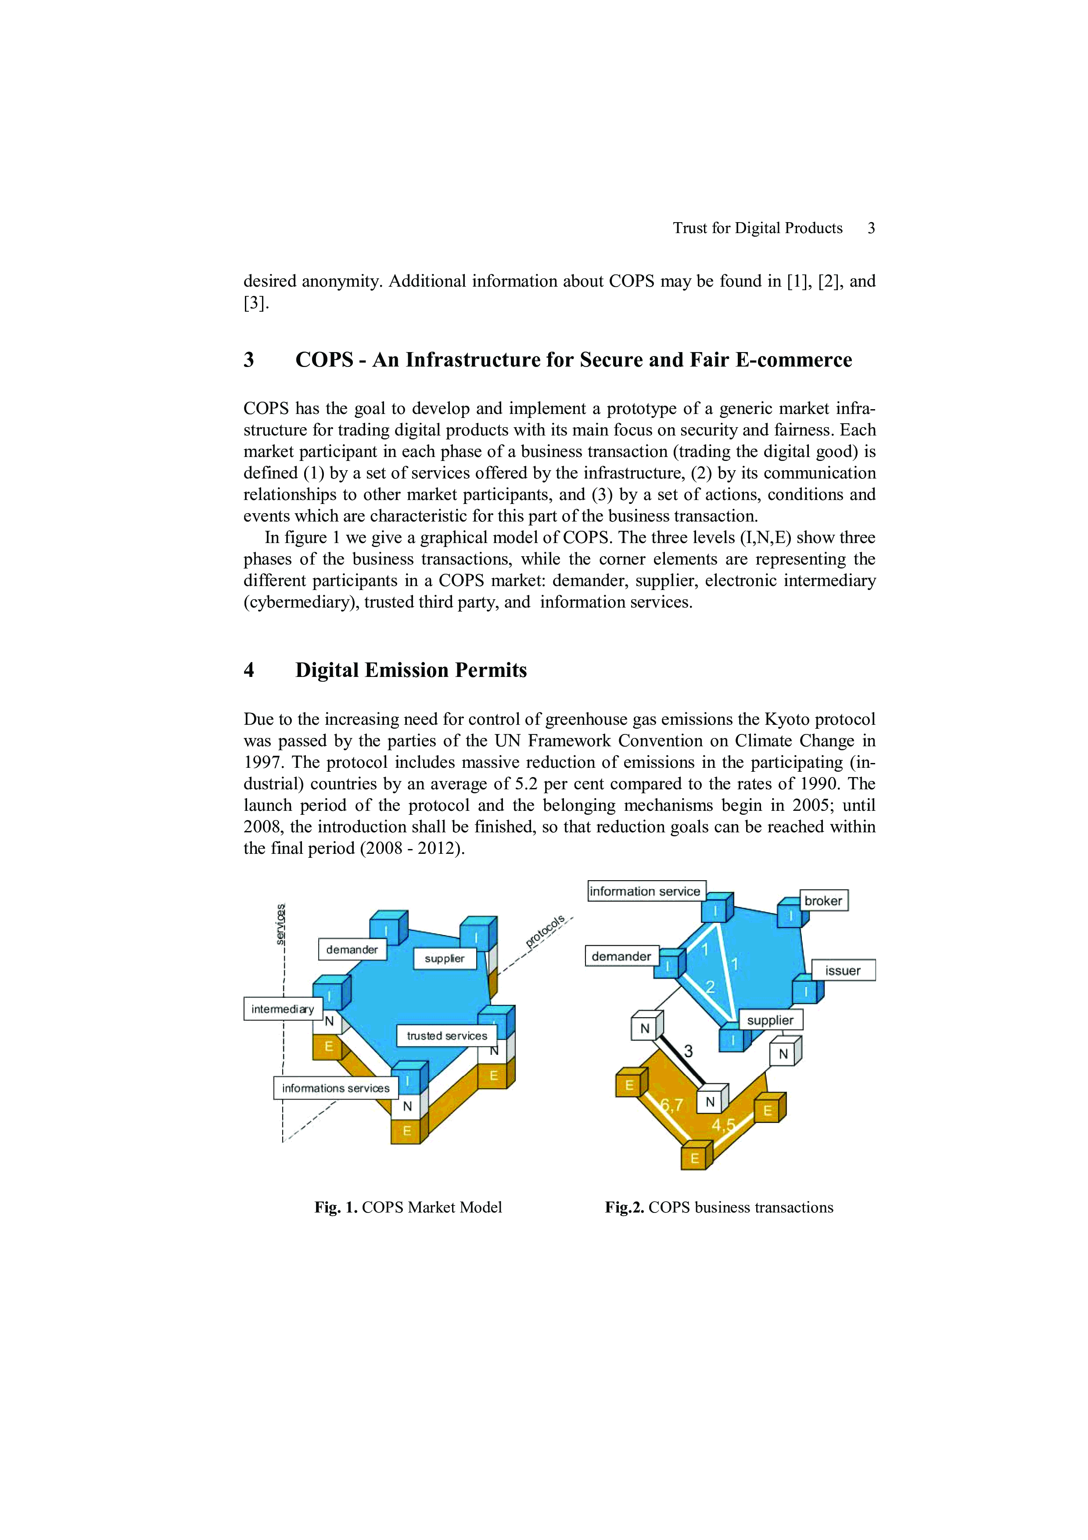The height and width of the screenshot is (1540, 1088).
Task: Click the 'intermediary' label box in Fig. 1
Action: point(283,1009)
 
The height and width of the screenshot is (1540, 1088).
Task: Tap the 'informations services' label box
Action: point(335,1088)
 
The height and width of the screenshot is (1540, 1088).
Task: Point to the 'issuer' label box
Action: point(843,971)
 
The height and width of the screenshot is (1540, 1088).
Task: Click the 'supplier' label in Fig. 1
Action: point(445,958)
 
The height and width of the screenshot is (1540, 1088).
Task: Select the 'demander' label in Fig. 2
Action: point(621,956)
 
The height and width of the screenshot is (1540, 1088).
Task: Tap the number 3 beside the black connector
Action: point(688,1051)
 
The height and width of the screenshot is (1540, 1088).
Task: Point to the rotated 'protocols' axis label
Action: point(545,930)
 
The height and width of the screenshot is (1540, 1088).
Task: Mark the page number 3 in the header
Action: point(871,228)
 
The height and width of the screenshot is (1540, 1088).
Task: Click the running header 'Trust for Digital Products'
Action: point(758,228)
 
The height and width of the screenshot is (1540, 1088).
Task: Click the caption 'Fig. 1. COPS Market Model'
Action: point(408,1207)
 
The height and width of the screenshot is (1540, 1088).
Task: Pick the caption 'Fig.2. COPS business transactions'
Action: point(718,1207)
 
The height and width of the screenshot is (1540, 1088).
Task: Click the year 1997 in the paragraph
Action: point(263,763)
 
